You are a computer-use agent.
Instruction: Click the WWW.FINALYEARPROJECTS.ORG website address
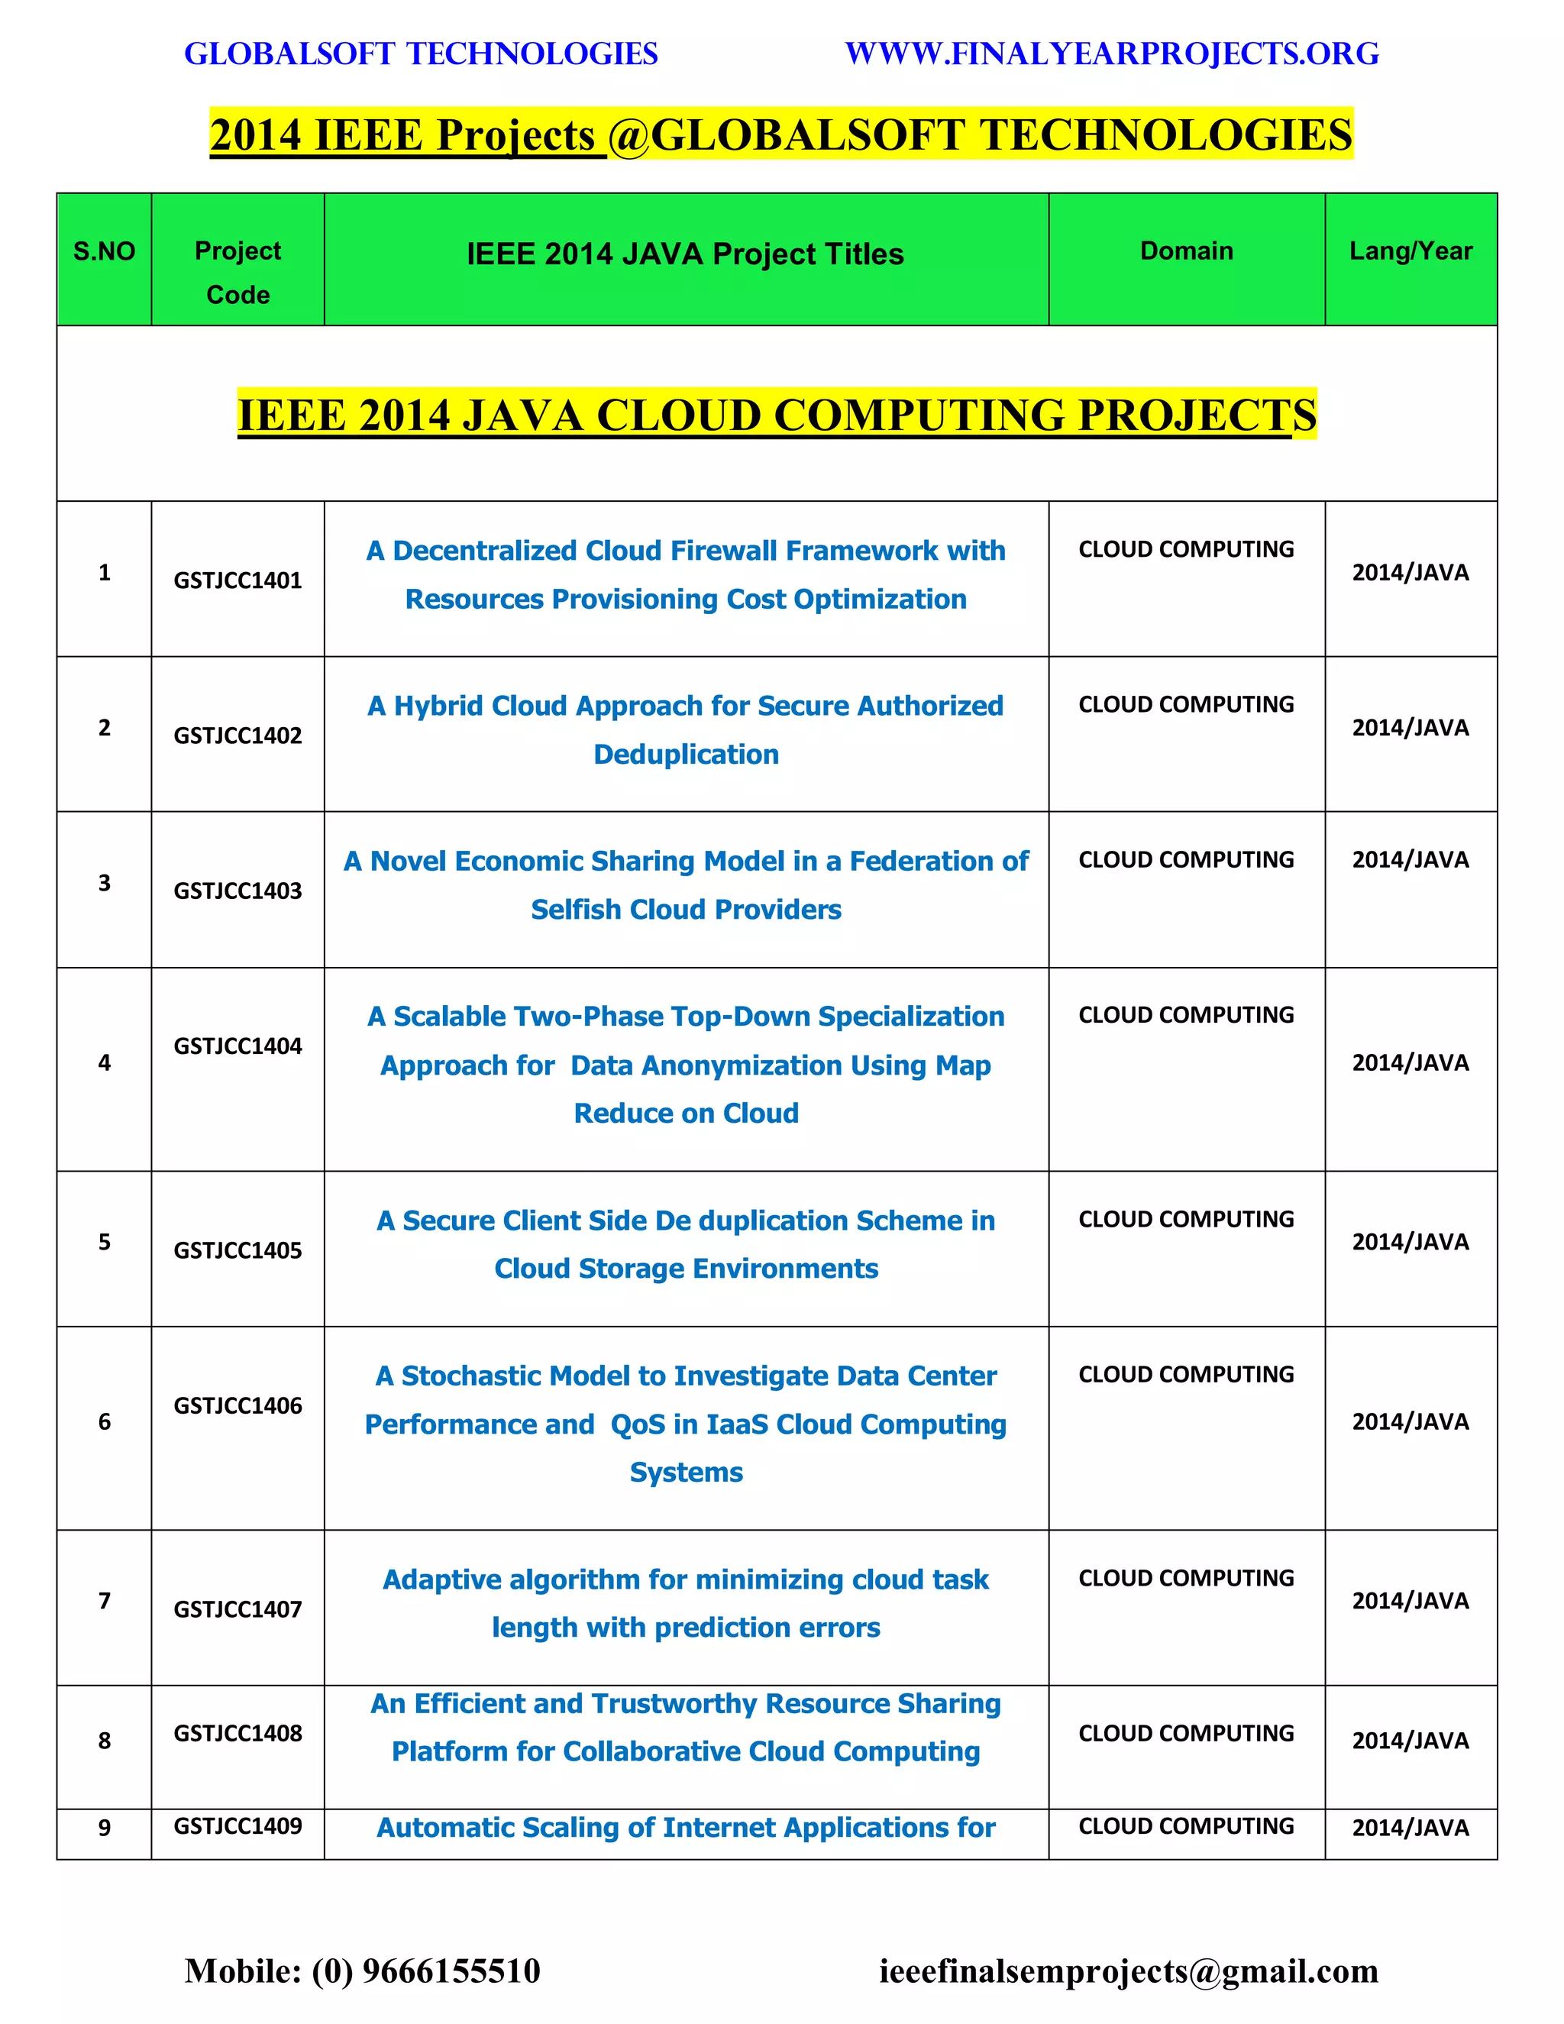[1112, 53]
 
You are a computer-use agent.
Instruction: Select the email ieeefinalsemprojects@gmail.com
[1129, 1971]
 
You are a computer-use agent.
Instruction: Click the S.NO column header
[104, 251]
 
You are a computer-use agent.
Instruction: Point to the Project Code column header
[238, 273]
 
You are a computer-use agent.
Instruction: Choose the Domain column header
[1186, 251]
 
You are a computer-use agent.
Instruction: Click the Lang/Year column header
[1411, 251]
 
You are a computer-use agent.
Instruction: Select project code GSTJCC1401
[238, 580]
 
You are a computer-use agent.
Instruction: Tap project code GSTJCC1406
[238, 1406]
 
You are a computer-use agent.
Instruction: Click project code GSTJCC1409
[238, 1825]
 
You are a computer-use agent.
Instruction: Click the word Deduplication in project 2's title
[686, 755]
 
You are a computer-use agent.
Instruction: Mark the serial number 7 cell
[104, 1600]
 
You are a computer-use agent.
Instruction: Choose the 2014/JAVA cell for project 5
[1411, 1242]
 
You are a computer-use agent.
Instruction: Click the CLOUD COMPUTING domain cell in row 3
[1186, 860]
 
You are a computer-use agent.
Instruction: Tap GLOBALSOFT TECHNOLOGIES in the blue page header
[421, 53]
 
